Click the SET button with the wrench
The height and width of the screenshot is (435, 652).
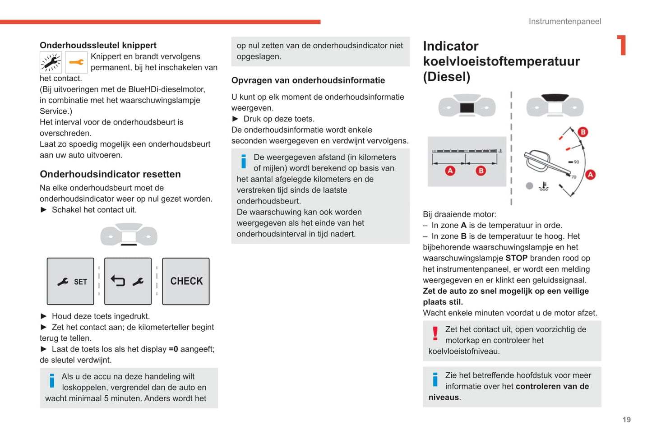pos(70,282)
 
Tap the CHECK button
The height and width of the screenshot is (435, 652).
pos(186,282)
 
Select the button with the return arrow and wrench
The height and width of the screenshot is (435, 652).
pos(128,282)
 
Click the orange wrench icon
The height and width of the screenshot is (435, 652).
pos(76,63)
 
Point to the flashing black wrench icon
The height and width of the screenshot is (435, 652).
pos(51,63)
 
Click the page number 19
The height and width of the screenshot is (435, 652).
pos(626,420)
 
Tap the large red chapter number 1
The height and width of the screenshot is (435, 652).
pos(622,46)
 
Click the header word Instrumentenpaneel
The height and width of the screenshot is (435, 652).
pos(564,22)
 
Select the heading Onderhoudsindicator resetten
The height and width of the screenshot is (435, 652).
pos(110,174)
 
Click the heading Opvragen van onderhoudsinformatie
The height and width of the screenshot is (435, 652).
pos(308,80)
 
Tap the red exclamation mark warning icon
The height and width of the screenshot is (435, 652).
pos(435,333)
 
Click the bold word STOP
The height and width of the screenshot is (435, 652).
pos(516,258)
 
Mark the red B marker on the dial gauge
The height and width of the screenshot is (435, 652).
pos(583,132)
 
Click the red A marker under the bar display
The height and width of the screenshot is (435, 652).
pos(450,171)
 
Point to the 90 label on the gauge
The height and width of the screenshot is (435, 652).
pos(576,162)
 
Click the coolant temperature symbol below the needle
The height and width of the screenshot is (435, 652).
pos(544,186)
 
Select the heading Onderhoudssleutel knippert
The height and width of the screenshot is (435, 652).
pos(98,45)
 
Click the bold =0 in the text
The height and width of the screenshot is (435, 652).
pos(173,349)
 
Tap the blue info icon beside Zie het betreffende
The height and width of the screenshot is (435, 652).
pos(435,379)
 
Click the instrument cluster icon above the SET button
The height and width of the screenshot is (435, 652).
pos(129,235)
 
